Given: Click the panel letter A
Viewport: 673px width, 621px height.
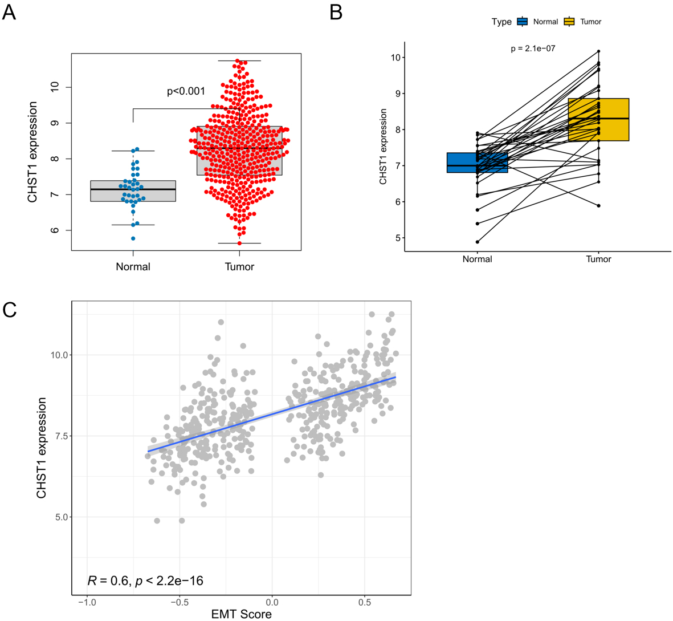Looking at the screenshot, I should tap(9, 12).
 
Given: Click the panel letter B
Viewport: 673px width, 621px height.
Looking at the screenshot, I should tap(336, 12).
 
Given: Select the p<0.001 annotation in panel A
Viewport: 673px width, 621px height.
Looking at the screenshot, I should tap(186, 91).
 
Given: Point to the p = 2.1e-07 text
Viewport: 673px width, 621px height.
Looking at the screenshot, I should tap(533, 48).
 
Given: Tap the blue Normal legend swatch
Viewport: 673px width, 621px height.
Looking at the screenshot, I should tap(522, 22).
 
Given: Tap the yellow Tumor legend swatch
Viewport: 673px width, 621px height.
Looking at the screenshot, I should tap(569, 22).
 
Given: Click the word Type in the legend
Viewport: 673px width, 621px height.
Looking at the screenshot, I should tap(501, 22).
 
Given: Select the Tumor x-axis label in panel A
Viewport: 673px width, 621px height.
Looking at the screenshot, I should tap(239, 267).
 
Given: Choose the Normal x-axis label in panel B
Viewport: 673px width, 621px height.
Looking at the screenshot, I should tap(477, 259).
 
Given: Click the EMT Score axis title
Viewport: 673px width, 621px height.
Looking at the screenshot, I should tap(241, 614).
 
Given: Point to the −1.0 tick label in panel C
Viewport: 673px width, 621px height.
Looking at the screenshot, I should tap(86, 602).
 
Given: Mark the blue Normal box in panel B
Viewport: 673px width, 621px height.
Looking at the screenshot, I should tap(477, 163).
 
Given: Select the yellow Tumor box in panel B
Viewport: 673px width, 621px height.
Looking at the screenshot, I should tap(598, 120).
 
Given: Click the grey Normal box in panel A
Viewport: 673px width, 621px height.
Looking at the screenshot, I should tap(133, 191).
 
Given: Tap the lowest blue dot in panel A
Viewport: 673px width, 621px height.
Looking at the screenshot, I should tap(133, 238).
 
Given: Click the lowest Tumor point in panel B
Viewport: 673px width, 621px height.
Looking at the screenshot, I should tap(598, 205).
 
